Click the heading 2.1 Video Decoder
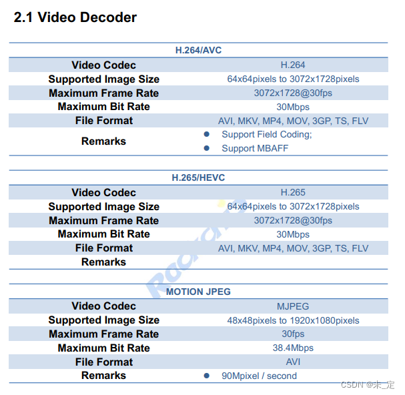click(x=75, y=18)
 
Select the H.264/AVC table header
click(x=198, y=50)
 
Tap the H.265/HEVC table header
click(x=198, y=177)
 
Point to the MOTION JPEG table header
click(x=198, y=292)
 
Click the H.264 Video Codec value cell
click(x=293, y=65)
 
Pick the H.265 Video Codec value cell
click(x=293, y=192)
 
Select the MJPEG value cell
click(x=293, y=306)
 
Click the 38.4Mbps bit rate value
click(x=293, y=348)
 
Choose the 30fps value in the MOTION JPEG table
click(x=293, y=334)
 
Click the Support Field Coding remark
click(x=267, y=134)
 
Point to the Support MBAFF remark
click(x=255, y=148)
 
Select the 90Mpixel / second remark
click(x=260, y=376)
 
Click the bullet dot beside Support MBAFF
click(x=207, y=148)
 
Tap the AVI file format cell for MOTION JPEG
click(x=293, y=362)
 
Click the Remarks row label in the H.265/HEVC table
click(x=103, y=262)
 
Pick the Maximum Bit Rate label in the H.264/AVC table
click(x=103, y=107)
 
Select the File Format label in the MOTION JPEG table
click(x=103, y=362)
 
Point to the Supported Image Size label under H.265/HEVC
click(x=103, y=207)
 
